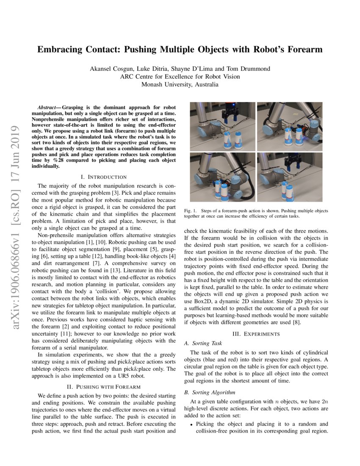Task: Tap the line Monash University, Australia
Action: (x=180, y=84)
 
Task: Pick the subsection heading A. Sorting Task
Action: (x=203, y=343)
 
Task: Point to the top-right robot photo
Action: (x=289, y=126)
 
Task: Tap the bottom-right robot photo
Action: (x=289, y=177)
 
